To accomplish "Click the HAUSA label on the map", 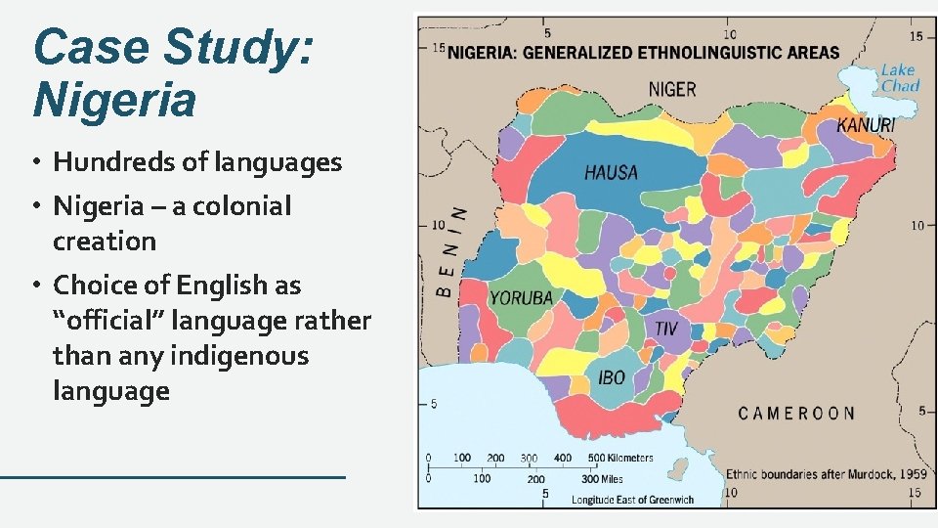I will point(611,173).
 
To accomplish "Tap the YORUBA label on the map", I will point(521,297).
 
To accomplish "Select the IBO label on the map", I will point(612,377).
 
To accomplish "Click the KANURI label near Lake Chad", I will point(866,125).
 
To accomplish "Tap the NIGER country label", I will point(672,89).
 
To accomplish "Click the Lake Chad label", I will point(899,77).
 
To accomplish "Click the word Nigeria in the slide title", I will point(114,99).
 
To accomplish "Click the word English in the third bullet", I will point(228,286).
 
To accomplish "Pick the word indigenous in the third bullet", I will point(238,356).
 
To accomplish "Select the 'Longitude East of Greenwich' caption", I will point(633,500).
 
